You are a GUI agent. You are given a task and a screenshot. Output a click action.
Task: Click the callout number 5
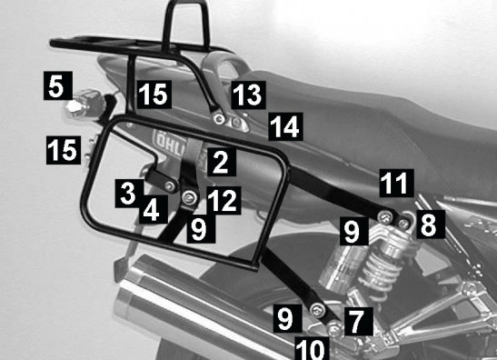click(58, 85)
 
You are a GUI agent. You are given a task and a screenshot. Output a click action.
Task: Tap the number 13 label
click(249, 95)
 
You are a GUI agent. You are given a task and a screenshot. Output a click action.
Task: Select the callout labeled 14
click(285, 126)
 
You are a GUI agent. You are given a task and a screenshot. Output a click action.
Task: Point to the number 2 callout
click(222, 162)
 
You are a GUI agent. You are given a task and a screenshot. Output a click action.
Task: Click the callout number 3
click(129, 194)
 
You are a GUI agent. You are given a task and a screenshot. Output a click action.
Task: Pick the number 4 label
click(154, 209)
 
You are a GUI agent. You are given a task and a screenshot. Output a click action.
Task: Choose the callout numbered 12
click(224, 201)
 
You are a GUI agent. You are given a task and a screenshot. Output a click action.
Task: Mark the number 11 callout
click(397, 183)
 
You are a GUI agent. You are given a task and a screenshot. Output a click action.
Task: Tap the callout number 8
click(431, 225)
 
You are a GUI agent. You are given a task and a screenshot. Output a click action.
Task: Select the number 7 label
click(359, 321)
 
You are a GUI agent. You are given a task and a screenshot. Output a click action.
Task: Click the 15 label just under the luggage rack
click(154, 95)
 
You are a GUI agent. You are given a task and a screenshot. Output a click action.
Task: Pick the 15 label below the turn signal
click(64, 150)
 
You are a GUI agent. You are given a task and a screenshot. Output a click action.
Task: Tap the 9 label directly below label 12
click(201, 229)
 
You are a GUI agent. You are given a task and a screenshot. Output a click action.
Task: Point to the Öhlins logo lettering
click(169, 142)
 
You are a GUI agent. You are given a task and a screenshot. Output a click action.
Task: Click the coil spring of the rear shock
click(379, 271)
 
